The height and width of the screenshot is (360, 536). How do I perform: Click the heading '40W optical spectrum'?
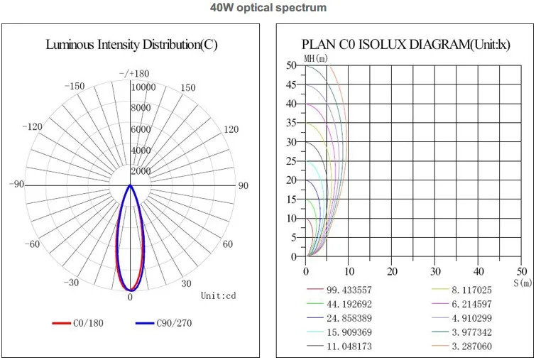268,9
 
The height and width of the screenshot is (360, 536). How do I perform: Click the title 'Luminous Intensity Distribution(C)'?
131,44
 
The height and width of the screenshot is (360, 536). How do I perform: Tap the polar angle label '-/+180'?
134,73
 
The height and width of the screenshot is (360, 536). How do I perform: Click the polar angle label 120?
231,129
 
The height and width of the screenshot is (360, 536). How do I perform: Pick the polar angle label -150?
74,87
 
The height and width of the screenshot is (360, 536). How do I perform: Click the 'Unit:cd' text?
217,295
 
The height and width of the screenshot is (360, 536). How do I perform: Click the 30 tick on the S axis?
435,271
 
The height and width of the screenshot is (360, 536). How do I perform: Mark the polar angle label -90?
16,185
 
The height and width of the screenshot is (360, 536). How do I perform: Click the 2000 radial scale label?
141,171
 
